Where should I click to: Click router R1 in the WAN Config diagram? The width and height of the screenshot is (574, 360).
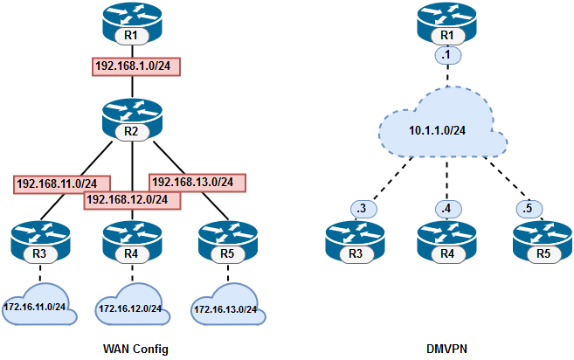pyautogui.click(x=131, y=24)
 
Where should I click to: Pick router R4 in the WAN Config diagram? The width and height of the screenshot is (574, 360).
pyautogui.click(x=131, y=242)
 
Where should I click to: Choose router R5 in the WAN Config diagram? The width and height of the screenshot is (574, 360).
pyautogui.click(x=226, y=242)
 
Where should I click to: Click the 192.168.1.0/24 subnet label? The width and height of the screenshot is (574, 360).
pyautogui.click(x=135, y=66)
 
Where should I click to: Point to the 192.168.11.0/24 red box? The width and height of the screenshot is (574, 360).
pyautogui.click(x=61, y=184)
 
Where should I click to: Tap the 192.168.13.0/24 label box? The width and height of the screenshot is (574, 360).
pyautogui.click(x=197, y=183)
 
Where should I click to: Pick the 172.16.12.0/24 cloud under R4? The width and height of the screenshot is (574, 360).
pyautogui.click(x=130, y=308)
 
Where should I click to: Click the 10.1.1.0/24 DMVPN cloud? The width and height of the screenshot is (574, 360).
pyautogui.click(x=441, y=129)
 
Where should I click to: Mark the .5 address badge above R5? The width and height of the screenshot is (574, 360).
pyautogui.click(x=526, y=209)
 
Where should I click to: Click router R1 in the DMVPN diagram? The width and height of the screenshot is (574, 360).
pyautogui.click(x=446, y=24)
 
